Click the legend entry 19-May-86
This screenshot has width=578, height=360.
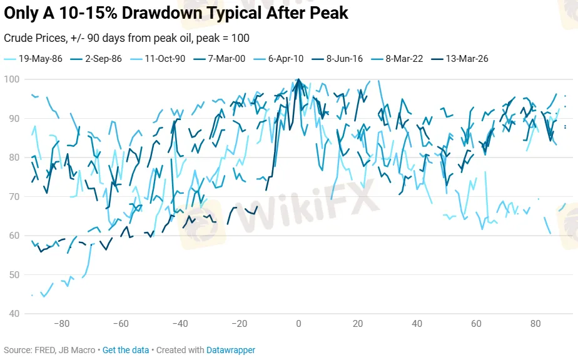pyautogui.click(x=36, y=59)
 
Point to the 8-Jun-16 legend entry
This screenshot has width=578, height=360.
pyautogui.click(x=342, y=59)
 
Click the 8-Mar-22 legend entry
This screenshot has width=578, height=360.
pyautogui.click(x=403, y=59)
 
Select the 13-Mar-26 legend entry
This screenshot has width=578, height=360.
pyautogui.click(x=467, y=59)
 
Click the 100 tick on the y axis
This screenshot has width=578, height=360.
pyautogui.click(x=12, y=79)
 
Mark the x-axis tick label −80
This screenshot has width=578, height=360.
pyautogui.click(x=61, y=324)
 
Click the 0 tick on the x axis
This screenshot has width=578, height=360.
pyautogui.click(x=298, y=324)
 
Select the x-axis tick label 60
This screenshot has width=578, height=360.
pyautogui.click(x=476, y=324)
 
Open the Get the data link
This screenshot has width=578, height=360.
pyautogui.click(x=126, y=350)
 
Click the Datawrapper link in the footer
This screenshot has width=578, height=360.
pyautogui.click(x=231, y=350)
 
